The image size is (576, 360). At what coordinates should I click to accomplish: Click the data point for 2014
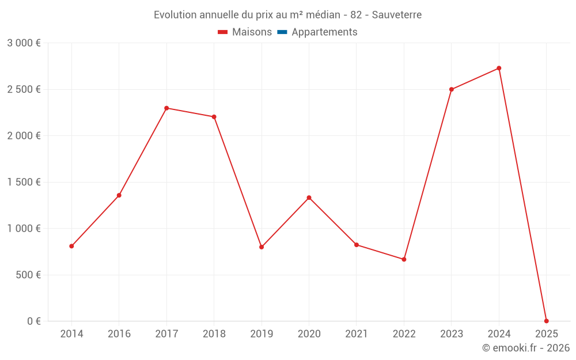71,246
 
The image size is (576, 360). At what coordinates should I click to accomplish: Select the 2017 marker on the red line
166,108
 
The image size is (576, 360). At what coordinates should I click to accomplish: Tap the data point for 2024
499,68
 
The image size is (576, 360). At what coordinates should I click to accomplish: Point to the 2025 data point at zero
546,321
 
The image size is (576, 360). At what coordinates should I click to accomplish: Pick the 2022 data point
404,259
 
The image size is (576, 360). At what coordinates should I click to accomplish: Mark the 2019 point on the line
262,247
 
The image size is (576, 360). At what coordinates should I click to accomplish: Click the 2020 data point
309,198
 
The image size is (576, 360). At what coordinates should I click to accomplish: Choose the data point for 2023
452,89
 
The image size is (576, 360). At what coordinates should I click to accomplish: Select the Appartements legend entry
324,32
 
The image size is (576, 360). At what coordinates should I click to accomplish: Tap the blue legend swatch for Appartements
282,32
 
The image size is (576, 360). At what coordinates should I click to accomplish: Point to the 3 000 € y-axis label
24,43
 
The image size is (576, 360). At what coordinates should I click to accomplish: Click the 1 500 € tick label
24,182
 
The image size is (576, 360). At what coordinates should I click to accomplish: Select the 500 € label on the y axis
27,275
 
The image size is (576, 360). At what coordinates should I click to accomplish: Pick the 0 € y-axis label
32,321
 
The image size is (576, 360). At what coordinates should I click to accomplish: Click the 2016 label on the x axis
119,334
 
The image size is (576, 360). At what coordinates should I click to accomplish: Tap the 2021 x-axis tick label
357,334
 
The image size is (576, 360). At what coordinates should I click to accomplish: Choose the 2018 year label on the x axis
214,334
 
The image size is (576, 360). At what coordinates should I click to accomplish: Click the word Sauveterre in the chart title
397,14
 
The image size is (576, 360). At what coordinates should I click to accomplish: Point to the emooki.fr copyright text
526,348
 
